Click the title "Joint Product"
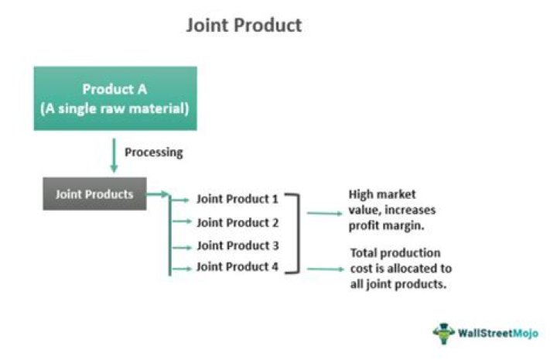[x=244, y=25]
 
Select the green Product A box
[x=114, y=98]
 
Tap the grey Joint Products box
[x=94, y=194]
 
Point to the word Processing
[x=154, y=152]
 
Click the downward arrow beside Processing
[x=114, y=155]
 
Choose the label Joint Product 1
[x=237, y=199]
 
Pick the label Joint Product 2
[x=237, y=222]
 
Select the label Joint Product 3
[x=237, y=245]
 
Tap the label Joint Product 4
[x=237, y=268]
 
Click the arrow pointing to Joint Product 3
[x=179, y=245]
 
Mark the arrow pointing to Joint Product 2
[x=179, y=222]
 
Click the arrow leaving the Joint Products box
[x=157, y=194]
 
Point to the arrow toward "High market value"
[x=324, y=211]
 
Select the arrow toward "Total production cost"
[x=324, y=269]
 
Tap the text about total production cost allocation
[x=400, y=269]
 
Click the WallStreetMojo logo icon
[x=444, y=333]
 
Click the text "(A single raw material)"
[x=114, y=108]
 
